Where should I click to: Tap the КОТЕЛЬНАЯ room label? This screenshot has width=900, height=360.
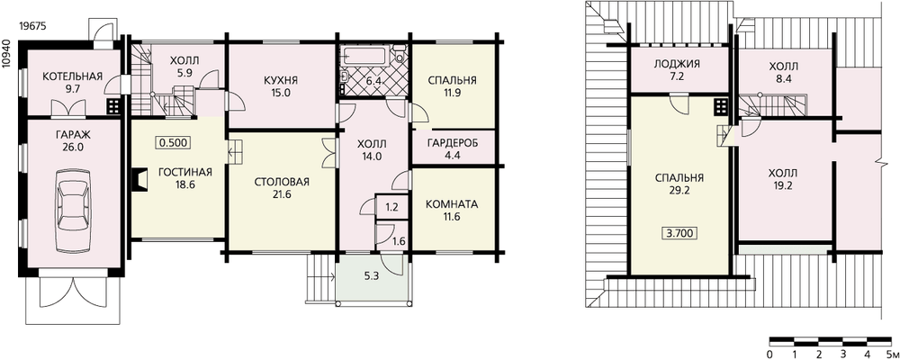[72, 76]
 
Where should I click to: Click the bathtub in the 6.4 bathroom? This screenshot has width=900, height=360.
[365, 57]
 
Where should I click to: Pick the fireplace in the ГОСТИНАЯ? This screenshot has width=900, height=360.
[138, 179]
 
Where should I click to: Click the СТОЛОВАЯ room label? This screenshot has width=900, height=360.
[282, 183]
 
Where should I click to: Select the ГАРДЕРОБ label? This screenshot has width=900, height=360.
[453, 142]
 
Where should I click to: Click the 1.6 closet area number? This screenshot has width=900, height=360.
[400, 242]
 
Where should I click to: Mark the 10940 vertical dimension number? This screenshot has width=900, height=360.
[6, 55]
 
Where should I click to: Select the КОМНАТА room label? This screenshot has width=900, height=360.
[452, 204]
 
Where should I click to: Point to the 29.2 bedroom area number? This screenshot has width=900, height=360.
[679, 190]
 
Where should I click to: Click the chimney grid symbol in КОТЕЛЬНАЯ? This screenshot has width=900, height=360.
[113, 106]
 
